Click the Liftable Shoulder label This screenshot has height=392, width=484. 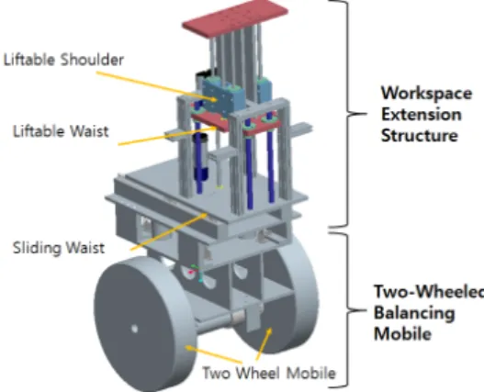click(x=63, y=60)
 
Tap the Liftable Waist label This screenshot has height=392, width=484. click(x=61, y=131)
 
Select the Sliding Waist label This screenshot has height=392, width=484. click(x=59, y=248)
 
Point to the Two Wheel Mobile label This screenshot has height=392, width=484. click(x=269, y=373)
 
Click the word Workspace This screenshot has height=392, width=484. click(x=426, y=94)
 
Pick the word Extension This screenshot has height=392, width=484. click(x=422, y=115)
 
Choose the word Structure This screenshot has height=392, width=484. click(x=420, y=136)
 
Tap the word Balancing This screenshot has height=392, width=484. click(x=414, y=313)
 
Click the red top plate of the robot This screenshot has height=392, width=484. click(x=235, y=15)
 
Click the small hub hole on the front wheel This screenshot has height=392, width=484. click(x=135, y=329)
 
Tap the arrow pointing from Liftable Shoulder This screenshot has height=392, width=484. click(x=156, y=86)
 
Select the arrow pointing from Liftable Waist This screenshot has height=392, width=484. click(x=167, y=136)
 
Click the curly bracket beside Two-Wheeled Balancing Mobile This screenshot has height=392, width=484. click(x=347, y=309)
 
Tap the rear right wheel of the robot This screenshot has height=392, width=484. click(x=277, y=297)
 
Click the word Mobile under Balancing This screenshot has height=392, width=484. click(x=402, y=334)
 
